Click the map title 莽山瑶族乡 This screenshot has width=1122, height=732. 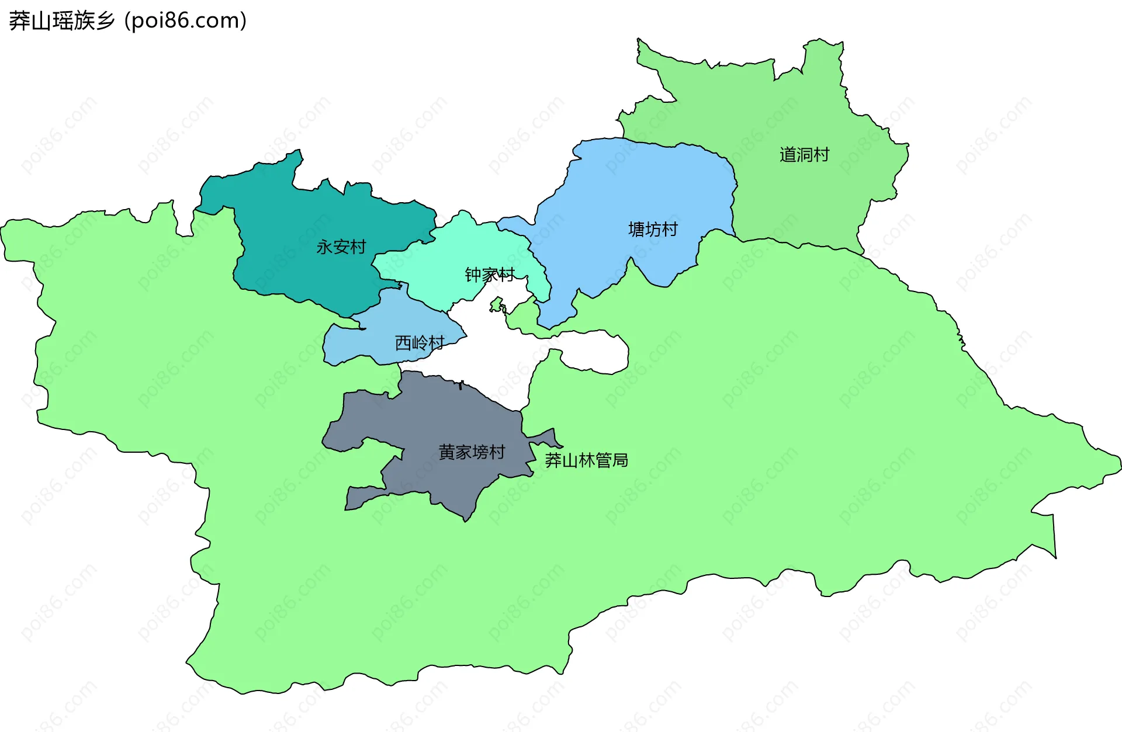[x=62, y=21]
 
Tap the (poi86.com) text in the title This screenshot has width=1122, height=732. [x=185, y=21]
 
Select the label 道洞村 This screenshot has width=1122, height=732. [x=804, y=155]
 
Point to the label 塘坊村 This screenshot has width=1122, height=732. [x=653, y=230]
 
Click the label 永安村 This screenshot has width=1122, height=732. [x=341, y=247]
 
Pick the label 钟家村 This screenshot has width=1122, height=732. [x=490, y=275]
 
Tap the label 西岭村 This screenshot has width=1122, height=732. [x=420, y=343]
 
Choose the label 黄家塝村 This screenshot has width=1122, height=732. [x=472, y=452]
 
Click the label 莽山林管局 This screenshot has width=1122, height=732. [x=586, y=460]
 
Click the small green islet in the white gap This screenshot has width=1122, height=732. [x=497, y=304]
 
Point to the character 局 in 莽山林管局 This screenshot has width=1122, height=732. [x=620, y=460]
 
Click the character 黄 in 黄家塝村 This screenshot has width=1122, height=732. [x=446, y=452]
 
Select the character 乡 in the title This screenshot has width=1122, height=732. [x=106, y=21]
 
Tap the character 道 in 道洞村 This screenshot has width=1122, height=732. [x=788, y=155]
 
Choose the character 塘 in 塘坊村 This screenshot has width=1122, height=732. [x=636, y=230]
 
